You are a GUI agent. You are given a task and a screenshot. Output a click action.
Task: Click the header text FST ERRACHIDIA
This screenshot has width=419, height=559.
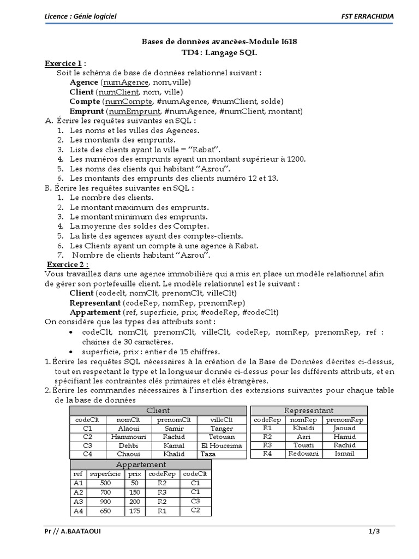367,16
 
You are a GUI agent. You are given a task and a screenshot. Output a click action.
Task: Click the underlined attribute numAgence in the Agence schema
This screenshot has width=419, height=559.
125,82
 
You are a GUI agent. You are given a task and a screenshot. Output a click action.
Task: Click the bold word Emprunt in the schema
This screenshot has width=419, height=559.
88,111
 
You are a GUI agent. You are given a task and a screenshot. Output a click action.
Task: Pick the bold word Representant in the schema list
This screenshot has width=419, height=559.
95,302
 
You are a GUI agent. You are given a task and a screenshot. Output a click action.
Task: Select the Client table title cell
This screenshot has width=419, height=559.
158,410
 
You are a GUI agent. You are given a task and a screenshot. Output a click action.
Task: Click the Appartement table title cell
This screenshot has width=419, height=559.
141,465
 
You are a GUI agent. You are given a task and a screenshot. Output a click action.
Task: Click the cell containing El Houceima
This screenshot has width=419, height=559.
222,445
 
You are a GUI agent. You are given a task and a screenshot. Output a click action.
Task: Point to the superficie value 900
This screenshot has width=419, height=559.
105,502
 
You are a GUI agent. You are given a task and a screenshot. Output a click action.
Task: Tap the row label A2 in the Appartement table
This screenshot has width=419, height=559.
77,492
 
